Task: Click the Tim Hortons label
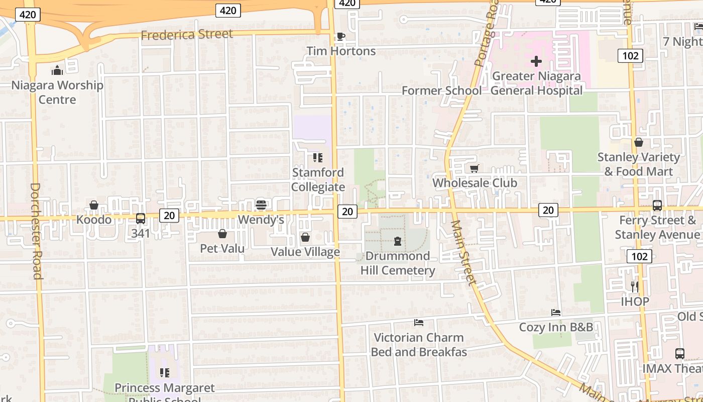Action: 341,51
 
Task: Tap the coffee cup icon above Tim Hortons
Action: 340,36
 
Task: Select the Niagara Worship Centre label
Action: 57,92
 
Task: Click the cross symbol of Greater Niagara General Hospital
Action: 536,62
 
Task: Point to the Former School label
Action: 441,91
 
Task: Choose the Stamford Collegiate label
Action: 318,180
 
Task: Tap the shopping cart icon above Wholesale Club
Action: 475,168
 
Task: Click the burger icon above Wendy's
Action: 261,205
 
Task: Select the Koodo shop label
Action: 94,220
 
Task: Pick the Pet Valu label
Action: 222,248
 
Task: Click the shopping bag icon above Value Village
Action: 305,237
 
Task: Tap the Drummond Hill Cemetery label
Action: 398,263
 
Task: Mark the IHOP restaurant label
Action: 635,301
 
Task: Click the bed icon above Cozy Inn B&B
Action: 556,313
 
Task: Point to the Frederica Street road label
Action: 187,35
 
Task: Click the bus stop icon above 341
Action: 141,219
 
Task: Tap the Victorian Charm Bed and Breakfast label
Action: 419,345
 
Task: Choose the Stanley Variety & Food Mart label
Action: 638,164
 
